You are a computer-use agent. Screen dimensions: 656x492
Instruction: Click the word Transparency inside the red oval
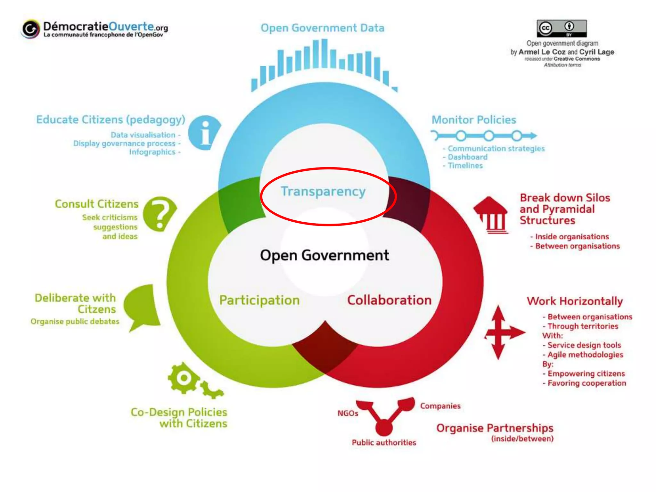pyautogui.click(x=323, y=192)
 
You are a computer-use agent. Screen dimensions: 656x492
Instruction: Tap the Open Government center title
pyautogui.click(x=324, y=256)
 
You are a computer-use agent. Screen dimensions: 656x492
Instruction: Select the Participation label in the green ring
pyautogui.click(x=259, y=300)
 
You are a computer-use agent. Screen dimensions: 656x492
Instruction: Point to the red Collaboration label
pyautogui.click(x=389, y=300)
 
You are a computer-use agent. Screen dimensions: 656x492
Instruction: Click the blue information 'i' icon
pyautogui.click(x=204, y=133)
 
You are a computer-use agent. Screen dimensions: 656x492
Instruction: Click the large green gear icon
pyautogui.click(x=184, y=378)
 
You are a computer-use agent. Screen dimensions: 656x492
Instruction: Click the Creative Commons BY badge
pyautogui.click(x=562, y=29)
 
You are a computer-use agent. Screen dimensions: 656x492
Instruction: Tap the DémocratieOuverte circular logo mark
pyautogui.click(x=31, y=29)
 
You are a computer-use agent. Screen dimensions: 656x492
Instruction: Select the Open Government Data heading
pyautogui.click(x=322, y=28)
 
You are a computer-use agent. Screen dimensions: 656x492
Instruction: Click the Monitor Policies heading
pyautogui.click(x=474, y=120)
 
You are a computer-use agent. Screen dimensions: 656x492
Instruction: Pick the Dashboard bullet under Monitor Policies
pyautogui.click(x=467, y=157)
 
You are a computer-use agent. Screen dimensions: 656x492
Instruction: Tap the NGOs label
pyautogui.click(x=348, y=414)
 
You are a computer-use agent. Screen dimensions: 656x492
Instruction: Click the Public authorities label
pyautogui.click(x=384, y=443)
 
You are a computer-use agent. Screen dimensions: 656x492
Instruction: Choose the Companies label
pyautogui.click(x=440, y=406)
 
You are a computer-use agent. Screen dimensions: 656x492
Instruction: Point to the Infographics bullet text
pyautogui.click(x=152, y=152)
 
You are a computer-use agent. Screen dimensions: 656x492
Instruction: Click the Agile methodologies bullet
pyautogui.click(x=585, y=355)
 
